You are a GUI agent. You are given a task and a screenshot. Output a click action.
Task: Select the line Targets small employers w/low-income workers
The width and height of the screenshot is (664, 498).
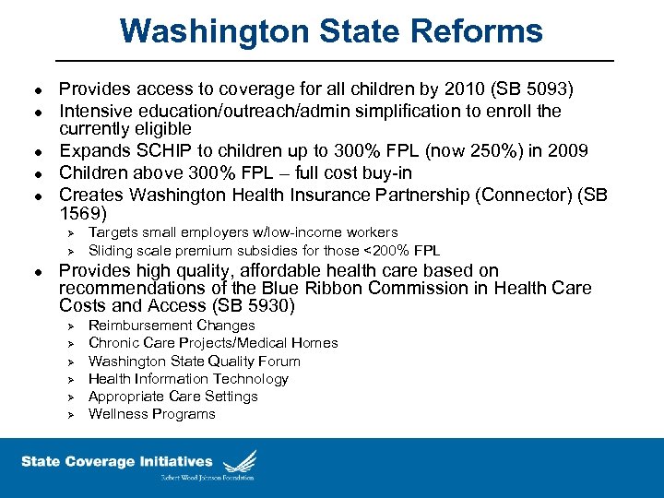(243, 232)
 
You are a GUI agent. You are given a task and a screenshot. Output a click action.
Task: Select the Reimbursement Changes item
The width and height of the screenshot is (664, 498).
(172, 326)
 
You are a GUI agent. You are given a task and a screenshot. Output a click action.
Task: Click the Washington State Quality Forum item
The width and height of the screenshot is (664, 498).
(195, 361)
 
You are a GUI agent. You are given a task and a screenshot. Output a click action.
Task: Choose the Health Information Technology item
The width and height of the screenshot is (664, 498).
(188, 378)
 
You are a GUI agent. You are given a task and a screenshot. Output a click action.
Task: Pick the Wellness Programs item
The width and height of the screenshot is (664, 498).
(152, 414)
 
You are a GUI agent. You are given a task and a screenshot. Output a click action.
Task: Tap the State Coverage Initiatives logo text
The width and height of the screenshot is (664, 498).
(117, 461)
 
